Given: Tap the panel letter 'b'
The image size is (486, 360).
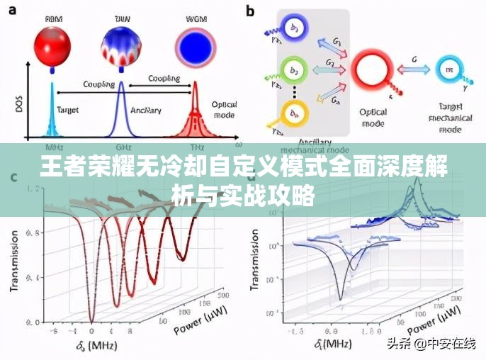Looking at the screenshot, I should point(251,11).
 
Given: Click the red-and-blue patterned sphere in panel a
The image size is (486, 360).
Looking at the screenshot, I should point(121,42).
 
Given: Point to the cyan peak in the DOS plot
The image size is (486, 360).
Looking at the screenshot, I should point(51,113).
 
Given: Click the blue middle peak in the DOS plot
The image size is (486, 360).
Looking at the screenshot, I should point(121,110).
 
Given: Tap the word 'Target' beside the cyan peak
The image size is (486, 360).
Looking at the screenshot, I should point(67,111).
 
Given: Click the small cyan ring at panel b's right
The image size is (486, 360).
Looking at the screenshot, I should point(448,69).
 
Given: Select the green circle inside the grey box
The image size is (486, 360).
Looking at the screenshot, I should point(294,69).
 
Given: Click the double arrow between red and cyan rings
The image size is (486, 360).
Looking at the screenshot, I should point(414,69).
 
